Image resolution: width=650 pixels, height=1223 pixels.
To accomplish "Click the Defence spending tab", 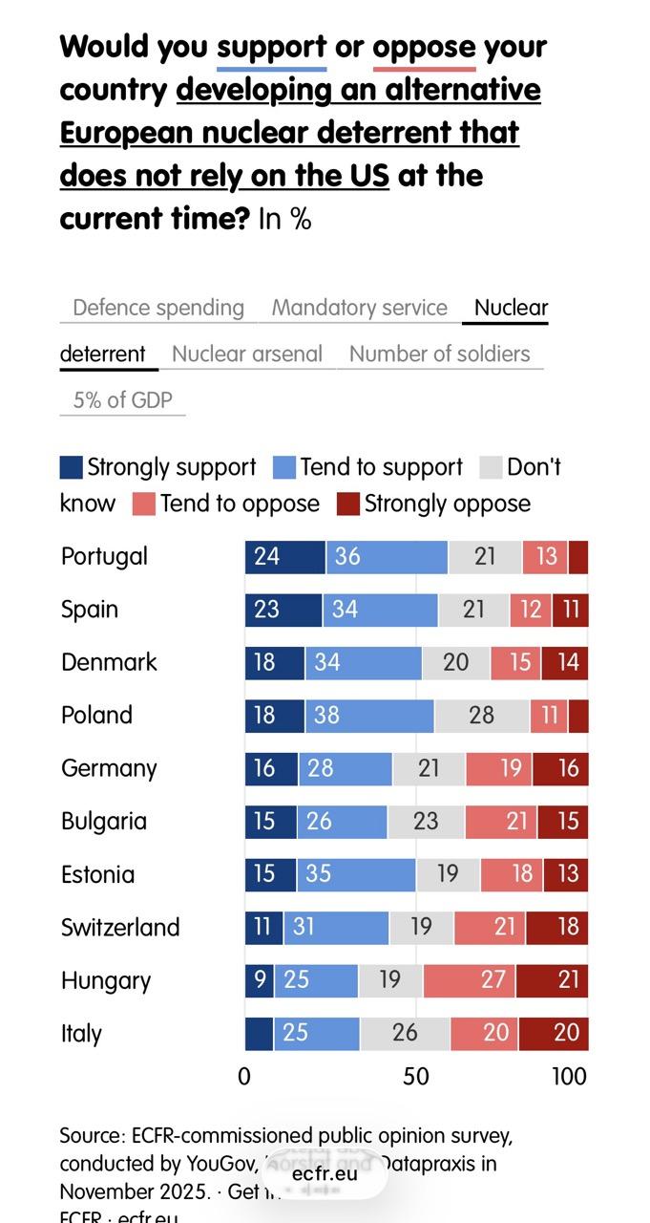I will tap(158, 308).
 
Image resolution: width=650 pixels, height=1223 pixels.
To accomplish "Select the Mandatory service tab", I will tap(359, 308).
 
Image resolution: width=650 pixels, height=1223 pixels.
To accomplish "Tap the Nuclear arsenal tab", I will tap(247, 354).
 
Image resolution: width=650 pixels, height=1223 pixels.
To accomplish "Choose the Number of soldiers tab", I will tap(439, 354).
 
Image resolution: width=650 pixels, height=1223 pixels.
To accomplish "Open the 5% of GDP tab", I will tap(123, 399).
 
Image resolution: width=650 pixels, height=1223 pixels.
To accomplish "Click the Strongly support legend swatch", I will tap(72, 467).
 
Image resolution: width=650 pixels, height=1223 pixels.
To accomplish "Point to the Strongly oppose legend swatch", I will tap(348, 504).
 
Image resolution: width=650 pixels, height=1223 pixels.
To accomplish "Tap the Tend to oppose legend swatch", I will tap(143, 504).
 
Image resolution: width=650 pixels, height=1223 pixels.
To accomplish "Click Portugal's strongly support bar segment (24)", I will tap(284, 556).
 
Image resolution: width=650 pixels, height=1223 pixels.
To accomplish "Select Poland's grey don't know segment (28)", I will tap(481, 716).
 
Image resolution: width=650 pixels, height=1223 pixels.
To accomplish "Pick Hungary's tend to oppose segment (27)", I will tap(470, 980).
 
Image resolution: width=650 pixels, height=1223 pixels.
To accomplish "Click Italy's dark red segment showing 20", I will tap(554, 1034).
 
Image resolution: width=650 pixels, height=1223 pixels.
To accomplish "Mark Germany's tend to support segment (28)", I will tap(345, 768).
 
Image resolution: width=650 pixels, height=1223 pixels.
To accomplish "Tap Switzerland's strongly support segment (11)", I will tap(263, 927).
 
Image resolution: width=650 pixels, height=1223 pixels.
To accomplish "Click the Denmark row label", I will tap(109, 662).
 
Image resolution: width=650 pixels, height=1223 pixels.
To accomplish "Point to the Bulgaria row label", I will tap(104, 821).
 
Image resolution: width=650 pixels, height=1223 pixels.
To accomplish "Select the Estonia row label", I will tap(97, 874).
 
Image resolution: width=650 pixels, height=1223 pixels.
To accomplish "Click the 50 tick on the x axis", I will tap(416, 1076).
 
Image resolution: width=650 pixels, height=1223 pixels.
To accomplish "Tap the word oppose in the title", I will tap(424, 47).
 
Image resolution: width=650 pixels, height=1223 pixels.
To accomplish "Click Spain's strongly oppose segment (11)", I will tap(570, 610).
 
